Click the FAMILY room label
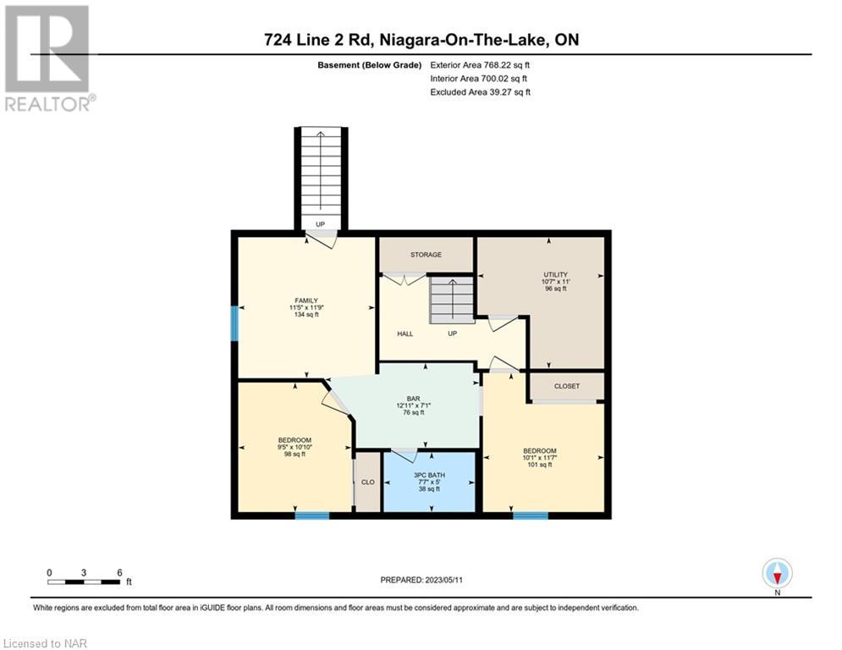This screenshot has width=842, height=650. (x=306, y=300)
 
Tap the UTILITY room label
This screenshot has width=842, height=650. (x=555, y=274)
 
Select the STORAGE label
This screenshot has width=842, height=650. (x=426, y=255)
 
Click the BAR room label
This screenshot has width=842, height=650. (x=414, y=399)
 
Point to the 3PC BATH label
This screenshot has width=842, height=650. (x=429, y=476)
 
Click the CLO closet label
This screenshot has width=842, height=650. (x=368, y=482)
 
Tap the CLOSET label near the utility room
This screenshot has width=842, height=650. (x=567, y=386)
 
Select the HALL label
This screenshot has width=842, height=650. (x=404, y=334)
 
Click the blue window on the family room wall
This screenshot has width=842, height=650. (x=234, y=322)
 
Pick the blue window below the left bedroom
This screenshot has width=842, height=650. (x=312, y=515)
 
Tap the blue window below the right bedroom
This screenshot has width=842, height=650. (x=531, y=515)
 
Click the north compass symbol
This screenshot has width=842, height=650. (x=777, y=573)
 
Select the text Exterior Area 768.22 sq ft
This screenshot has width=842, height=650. (x=480, y=65)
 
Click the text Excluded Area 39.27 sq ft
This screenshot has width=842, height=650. (x=480, y=92)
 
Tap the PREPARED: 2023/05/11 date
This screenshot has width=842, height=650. (x=421, y=580)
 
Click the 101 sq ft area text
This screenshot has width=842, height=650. (x=540, y=465)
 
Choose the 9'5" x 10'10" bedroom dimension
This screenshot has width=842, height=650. (x=294, y=447)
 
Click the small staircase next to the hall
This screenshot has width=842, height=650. (x=452, y=300)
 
